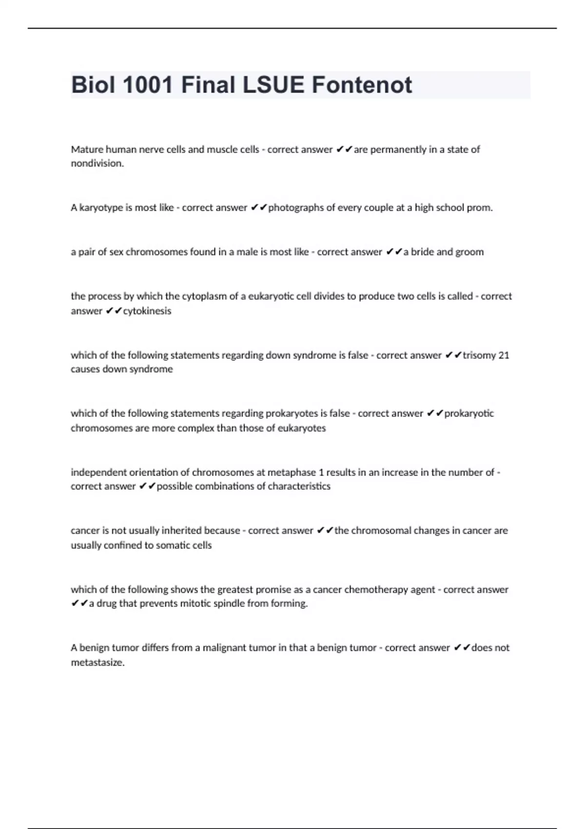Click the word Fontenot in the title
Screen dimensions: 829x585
(362, 85)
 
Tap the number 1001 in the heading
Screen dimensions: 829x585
(148, 85)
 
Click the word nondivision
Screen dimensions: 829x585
(97, 163)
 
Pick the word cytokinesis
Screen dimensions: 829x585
(147, 311)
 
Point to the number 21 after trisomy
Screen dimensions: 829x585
(504, 355)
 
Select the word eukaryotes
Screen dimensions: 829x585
(302, 428)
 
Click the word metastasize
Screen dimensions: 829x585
(97, 663)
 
